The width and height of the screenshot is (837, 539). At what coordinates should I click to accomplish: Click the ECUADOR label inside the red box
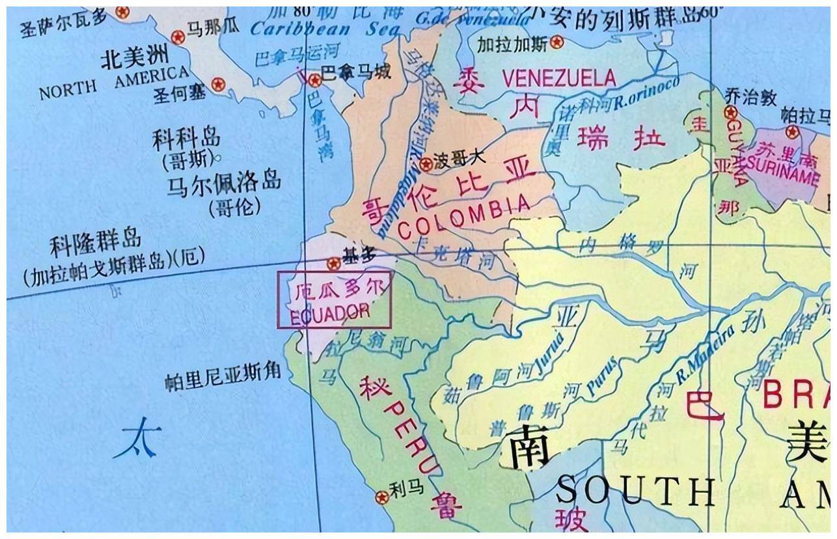click(x=330, y=312)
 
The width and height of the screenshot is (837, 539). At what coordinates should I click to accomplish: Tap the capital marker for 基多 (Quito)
click(x=334, y=264)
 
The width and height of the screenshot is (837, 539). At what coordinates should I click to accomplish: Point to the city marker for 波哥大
click(x=426, y=164)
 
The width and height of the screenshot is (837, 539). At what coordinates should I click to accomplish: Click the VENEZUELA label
click(x=558, y=79)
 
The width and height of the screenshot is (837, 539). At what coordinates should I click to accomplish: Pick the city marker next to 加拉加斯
click(x=556, y=43)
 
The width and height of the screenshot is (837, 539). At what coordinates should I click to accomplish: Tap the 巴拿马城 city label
click(x=357, y=72)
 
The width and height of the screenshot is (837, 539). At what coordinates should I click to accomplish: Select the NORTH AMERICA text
click(x=115, y=83)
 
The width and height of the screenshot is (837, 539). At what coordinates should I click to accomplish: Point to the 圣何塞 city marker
click(x=218, y=84)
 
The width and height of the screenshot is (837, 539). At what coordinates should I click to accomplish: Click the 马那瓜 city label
click(x=213, y=27)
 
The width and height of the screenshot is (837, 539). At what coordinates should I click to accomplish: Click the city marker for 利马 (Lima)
click(x=382, y=497)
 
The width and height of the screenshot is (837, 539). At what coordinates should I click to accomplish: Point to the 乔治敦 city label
click(x=750, y=98)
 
